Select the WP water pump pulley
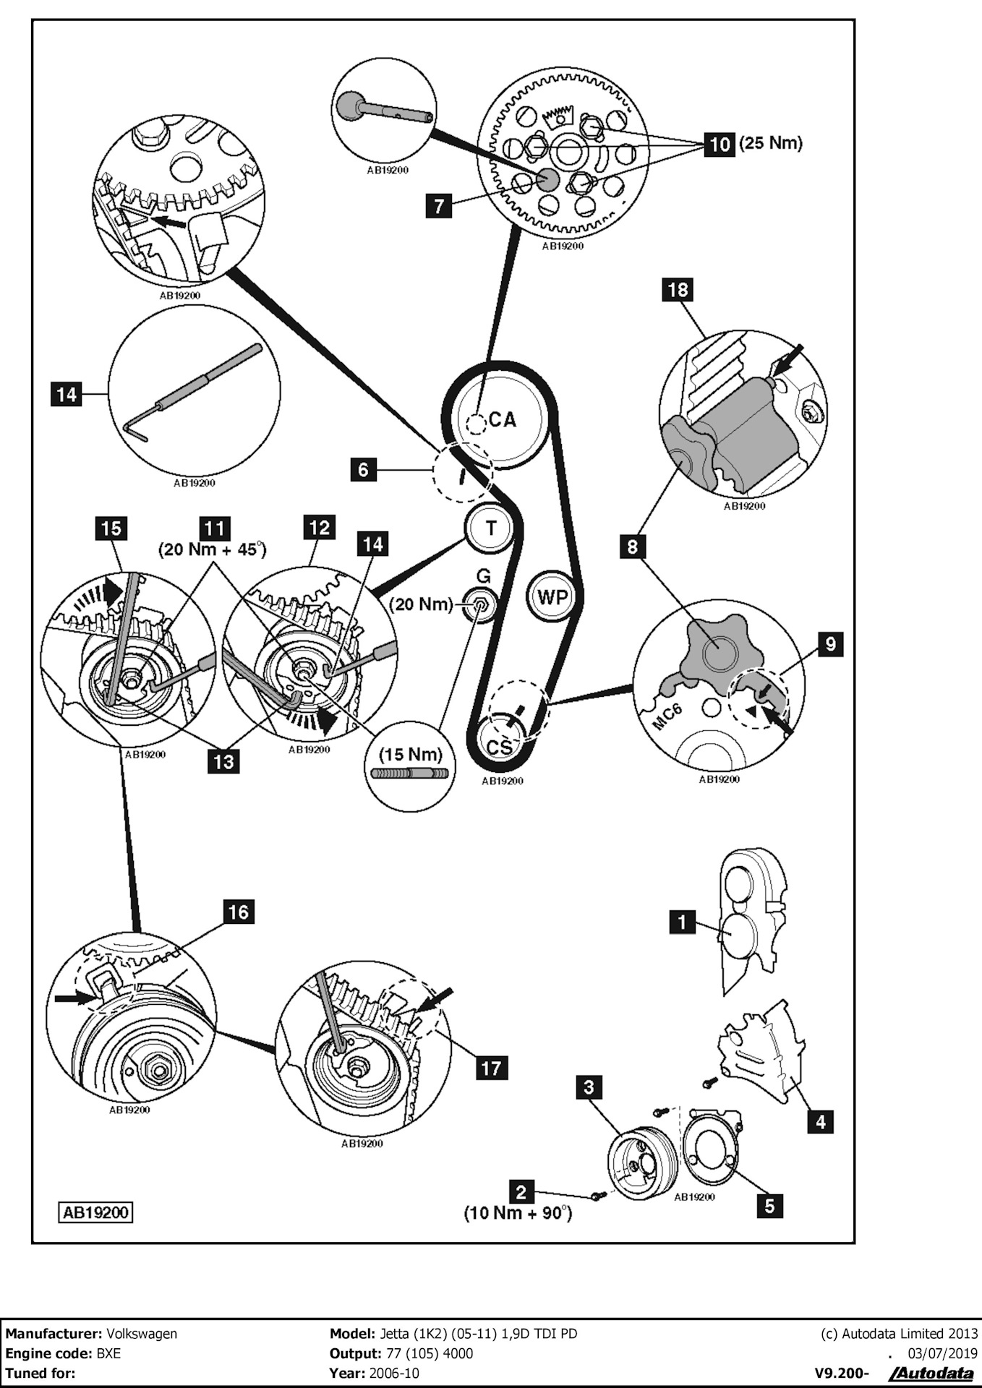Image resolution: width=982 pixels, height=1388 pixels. pos(552,597)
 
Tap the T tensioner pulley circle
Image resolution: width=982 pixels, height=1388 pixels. pos(491,528)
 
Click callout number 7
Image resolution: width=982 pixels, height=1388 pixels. pos(438,205)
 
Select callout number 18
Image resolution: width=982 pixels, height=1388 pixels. pos(678,290)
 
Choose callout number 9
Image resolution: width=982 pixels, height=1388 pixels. pos(830,643)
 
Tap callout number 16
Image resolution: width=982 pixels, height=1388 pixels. pos(238,912)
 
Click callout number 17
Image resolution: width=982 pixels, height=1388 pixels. pos(491,1067)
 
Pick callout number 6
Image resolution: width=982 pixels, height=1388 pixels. pos(363,469)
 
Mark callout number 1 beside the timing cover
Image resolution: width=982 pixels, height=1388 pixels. pos(682,922)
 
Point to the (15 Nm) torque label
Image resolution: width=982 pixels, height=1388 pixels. pos(410,754)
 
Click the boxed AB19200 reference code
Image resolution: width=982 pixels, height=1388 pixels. pos(96,1212)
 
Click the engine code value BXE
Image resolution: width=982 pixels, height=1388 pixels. pos(108,1353)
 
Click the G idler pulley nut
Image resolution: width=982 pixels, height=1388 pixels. pos(479,604)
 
